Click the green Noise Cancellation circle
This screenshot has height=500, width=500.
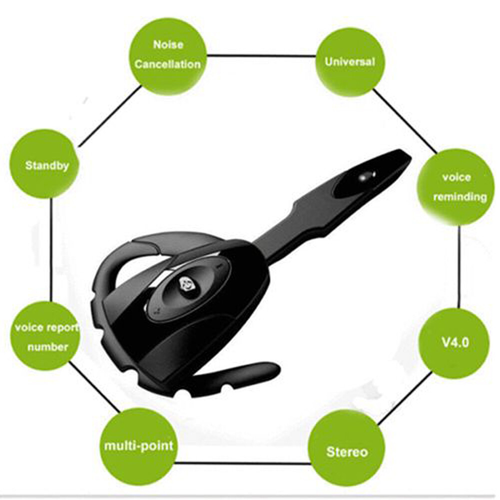(168, 56)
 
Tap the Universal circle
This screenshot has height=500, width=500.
(350, 62)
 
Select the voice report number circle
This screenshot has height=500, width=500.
(46, 336)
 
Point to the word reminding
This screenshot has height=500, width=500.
(460, 197)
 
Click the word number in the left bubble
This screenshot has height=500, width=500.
(47, 347)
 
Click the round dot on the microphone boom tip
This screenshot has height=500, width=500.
(367, 176)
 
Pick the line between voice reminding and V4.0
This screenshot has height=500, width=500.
(459, 265)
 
